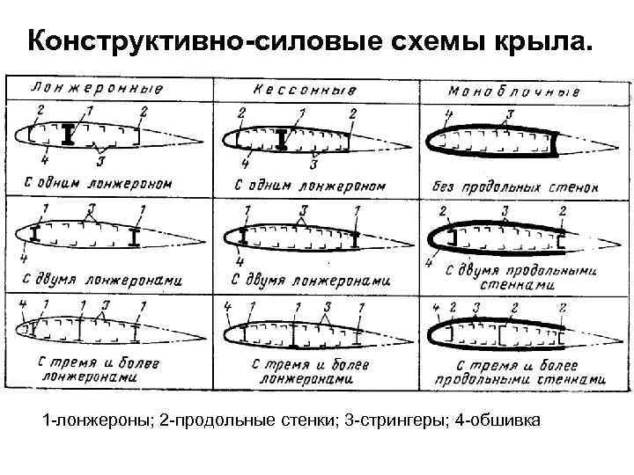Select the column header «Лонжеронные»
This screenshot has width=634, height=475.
(x=98, y=89)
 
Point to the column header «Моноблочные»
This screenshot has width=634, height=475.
(x=514, y=90)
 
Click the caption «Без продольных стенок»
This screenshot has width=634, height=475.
(x=516, y=186)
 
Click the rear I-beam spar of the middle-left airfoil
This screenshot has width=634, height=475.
(x=134, y=237)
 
